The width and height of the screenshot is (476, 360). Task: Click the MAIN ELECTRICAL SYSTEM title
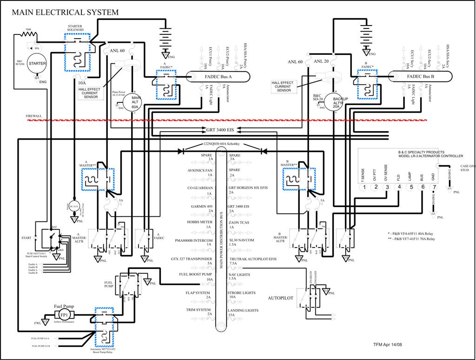65,13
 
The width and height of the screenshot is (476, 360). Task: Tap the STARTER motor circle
38,63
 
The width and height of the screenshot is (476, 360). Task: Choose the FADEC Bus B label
420,76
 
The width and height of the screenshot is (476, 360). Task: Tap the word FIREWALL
34,116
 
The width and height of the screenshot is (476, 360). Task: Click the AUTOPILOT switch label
281,298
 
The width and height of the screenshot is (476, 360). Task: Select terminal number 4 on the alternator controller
398,187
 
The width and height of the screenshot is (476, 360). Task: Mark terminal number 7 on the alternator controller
433,187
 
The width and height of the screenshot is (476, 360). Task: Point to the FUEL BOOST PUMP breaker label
196,274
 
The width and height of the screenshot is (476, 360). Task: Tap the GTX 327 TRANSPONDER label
192,259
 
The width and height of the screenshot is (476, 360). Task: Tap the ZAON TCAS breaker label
239,222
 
